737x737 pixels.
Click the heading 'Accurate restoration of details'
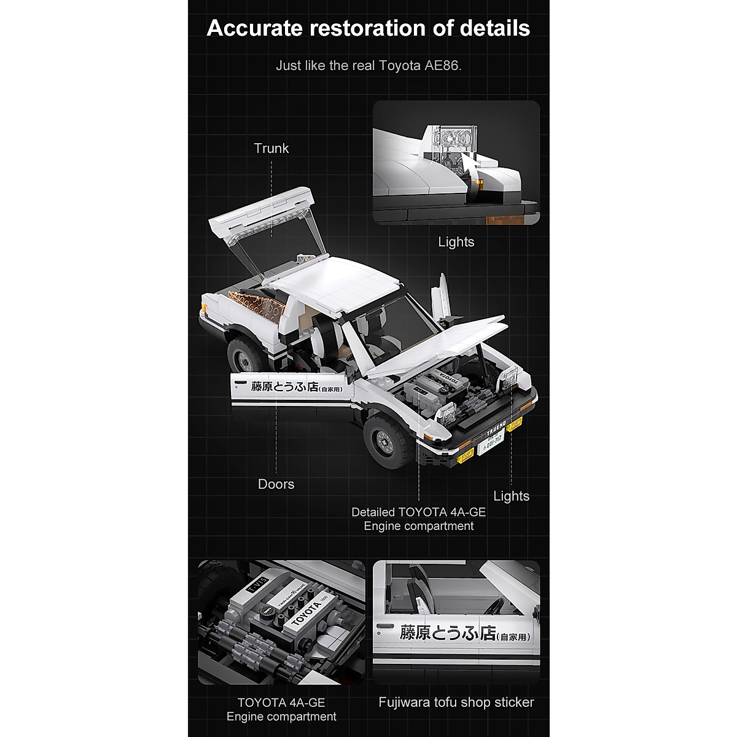(368, 28)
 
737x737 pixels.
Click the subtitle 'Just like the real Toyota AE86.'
(368, 65)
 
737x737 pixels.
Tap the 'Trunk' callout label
(271, 148)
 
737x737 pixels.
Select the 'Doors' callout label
(276, 484)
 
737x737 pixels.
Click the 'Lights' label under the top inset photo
(456, 241)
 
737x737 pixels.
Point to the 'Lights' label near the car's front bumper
(511, 496)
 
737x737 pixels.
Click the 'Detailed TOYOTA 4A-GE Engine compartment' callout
(418, 519)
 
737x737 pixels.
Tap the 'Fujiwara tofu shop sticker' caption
(456, 702)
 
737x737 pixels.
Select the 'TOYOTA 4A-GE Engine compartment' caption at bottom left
(281, 709)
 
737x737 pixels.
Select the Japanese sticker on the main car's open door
(295, 387)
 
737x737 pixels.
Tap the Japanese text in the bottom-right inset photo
(464, 633)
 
